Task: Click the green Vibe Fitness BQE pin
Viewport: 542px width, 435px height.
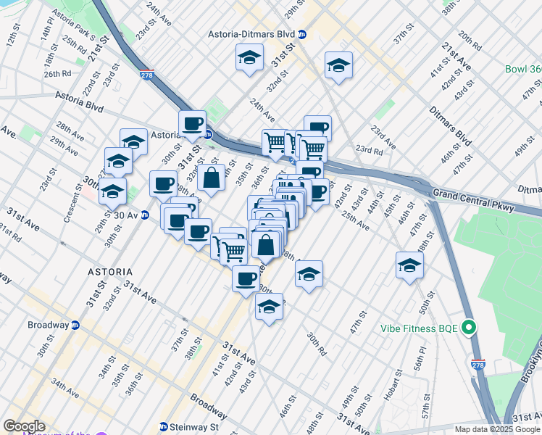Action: pos(469,328)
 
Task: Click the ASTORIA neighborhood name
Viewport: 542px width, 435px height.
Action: pos(109,270)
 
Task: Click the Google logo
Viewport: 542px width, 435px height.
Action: pos(24,426)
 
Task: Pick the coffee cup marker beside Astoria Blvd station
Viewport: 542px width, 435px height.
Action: pos(192,124)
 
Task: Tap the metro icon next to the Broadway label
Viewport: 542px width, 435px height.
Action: pos(75,325)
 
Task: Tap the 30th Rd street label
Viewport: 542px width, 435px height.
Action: pos(317,344)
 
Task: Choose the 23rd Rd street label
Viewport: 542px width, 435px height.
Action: pos(369,150)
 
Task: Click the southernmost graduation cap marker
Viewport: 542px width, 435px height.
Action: pos(270,308)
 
